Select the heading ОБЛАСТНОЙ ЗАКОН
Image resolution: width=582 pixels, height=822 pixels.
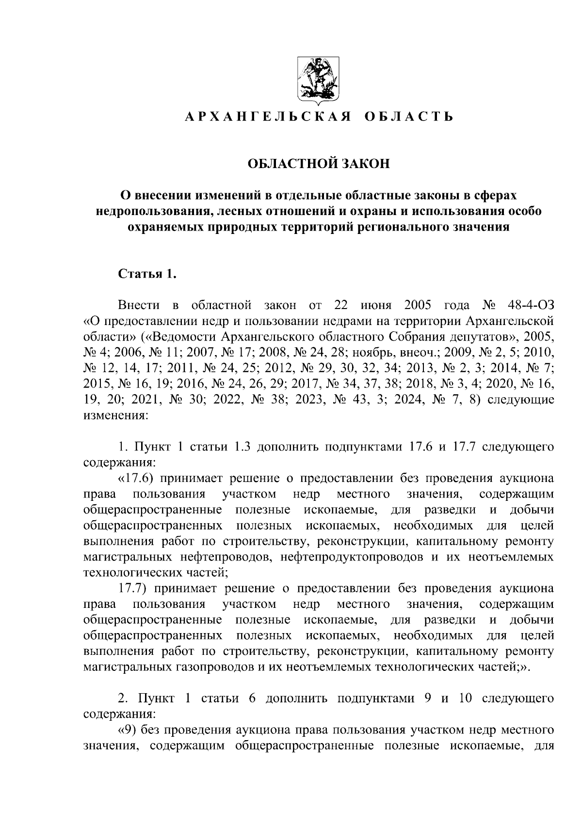click(319, 164)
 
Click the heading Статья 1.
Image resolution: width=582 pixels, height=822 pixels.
click(145, 275)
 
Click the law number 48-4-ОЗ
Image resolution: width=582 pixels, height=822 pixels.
click(529, 306)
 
